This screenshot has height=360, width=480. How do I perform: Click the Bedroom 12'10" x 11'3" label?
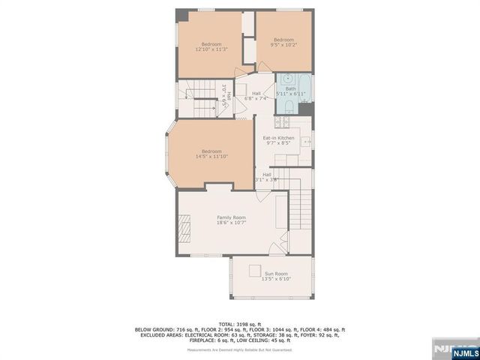click(211, 46)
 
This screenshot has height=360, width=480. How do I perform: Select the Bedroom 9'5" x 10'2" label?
click(283, 42)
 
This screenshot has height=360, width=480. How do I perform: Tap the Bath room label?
click(290, 91)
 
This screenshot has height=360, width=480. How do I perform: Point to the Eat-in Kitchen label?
click(277, 140)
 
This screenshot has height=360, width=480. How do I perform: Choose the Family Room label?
click(231, 219)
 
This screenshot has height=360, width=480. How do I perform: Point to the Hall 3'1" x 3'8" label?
click(267, 177)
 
